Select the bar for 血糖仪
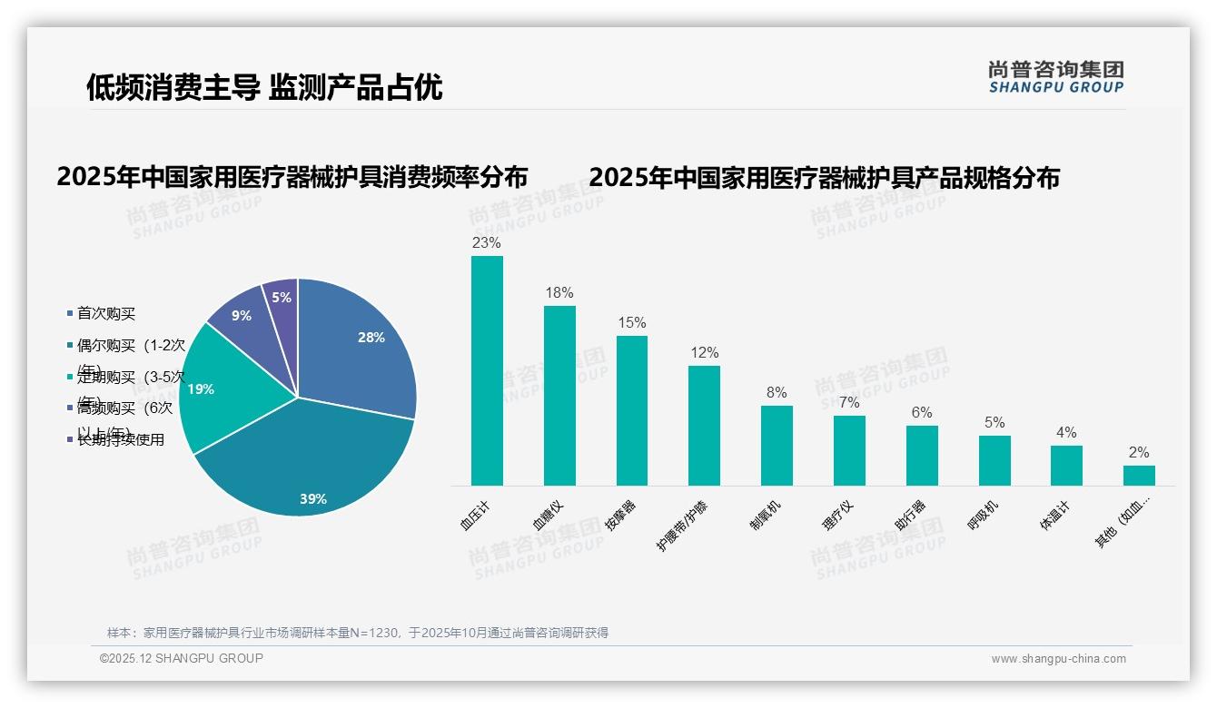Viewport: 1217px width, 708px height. click(559, 396)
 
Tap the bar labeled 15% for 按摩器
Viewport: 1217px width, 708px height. click(632, 410)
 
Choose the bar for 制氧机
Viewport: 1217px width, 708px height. click(777, 445)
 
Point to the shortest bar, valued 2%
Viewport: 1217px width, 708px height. click(1139, 476)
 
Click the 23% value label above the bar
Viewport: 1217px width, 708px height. click(487, 243)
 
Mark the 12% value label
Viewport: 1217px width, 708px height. click(704, 353)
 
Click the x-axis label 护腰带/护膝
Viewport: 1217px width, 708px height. click(682, 526)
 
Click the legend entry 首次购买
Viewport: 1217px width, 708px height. click(105, 313)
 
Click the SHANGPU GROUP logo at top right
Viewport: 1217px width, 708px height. click(1055, 77)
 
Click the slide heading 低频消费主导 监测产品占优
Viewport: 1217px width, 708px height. click(264, 86)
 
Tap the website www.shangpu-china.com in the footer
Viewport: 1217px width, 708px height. click(1058, 659)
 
